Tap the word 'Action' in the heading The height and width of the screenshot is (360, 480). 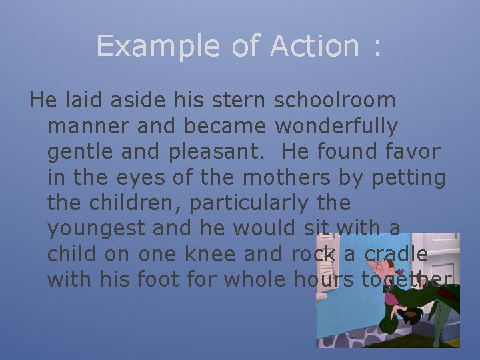click(x=313, y=47)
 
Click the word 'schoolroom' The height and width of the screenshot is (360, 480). click(x=335, y=100)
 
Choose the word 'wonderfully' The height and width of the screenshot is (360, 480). click(x=337, y=126)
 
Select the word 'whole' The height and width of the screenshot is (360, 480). click(x=256, y=280)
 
